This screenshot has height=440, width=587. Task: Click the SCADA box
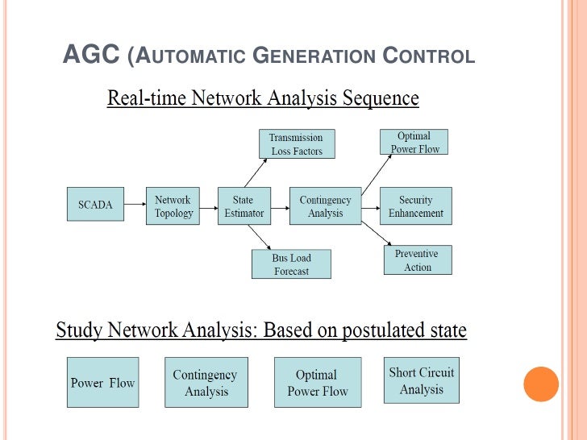click(x=95, y=204)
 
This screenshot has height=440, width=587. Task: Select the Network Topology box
click(x=173, y=205)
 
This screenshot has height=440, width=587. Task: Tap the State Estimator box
click(x=244, y=205)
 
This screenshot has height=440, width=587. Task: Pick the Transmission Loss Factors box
click(x=297, y=143)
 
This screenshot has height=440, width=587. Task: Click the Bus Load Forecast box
click(x=291, y=264)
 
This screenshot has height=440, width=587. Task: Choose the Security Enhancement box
click(x=416, y=205)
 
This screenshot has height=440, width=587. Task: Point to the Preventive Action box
click(x=418, y=260)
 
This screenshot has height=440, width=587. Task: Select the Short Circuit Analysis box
click(x=422, y=380)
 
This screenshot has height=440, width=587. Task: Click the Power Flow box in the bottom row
click(x=103, y=382)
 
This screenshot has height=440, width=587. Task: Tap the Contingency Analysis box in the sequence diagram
click(x=325, y=205)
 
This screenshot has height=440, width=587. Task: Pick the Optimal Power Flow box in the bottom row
click(x=318, y=382)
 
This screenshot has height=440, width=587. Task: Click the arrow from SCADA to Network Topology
click(x=135, y=204)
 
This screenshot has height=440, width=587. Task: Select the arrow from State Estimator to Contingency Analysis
click(x=280, y=208)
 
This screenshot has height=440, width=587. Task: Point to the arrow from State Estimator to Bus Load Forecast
click(x=259, y=237)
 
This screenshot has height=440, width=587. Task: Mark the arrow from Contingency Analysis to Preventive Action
click(x=377, y=233)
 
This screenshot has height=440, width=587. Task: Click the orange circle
click(x=541, y=384)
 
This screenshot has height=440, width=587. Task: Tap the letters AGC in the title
click(x=91, y=54)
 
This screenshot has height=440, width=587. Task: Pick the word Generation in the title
click(x=314, y=56)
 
